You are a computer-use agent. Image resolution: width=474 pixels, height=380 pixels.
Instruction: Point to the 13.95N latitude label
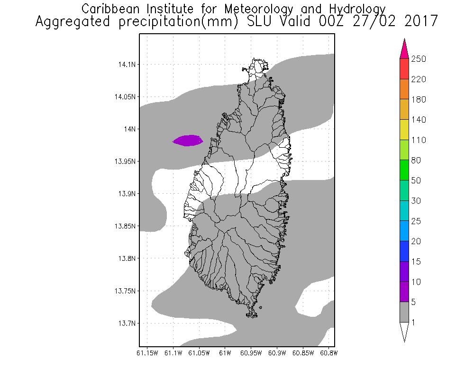(124, 161)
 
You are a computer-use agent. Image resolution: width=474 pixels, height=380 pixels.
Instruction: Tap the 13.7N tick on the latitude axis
(126, 323)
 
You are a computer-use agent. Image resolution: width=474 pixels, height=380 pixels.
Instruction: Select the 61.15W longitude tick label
(147, 353)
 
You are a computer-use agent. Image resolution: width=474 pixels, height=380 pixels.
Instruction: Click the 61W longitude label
(225, 353)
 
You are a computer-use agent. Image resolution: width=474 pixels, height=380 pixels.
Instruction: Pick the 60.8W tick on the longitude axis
(328, 353)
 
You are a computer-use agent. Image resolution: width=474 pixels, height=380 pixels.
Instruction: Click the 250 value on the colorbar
(419, 59)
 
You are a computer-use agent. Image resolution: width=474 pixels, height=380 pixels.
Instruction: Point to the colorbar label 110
(419, 140)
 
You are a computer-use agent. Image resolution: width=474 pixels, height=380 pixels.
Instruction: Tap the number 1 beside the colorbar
(413, 323)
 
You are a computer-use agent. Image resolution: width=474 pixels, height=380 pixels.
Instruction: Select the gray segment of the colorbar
(404, 312)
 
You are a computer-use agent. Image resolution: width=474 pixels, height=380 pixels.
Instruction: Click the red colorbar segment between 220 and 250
(404, 69)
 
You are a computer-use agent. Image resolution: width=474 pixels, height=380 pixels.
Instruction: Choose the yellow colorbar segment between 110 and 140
(404, 130)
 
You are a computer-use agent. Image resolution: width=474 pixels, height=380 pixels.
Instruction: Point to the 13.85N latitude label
(124, 226)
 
